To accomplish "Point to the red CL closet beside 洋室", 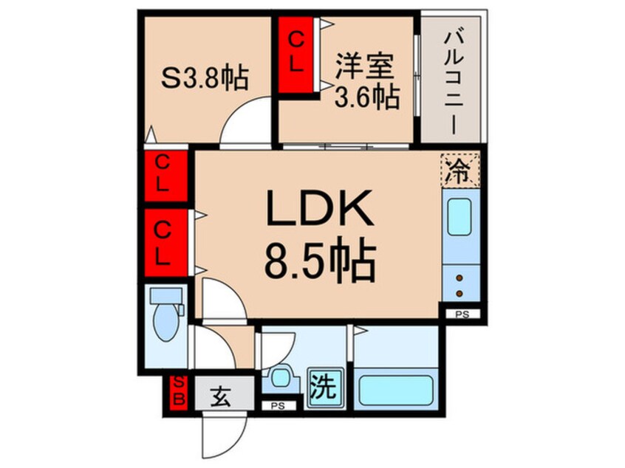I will coord(296,55).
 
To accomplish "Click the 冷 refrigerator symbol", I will coord(460,171).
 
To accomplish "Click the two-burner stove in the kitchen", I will coord(460,286).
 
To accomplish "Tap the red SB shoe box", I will coord(178,391).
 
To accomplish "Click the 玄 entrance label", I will coord(219,393).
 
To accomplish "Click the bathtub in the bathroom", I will coord(397,387).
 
